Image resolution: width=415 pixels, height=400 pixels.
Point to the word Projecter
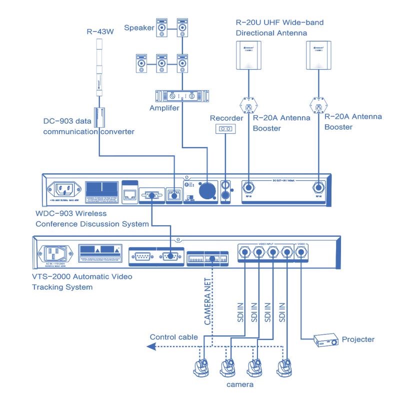click(358, 339)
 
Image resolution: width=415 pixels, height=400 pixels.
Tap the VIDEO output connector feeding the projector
click(301, 253)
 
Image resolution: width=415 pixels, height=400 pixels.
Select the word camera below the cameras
click(240, 384)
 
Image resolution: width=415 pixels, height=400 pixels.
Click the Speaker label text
click(139, 28)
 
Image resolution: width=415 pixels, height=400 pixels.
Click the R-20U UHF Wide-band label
click(279, 23)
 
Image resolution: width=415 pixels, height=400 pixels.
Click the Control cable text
click(174, 337)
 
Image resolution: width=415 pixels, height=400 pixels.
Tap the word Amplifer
click(164, 108)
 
